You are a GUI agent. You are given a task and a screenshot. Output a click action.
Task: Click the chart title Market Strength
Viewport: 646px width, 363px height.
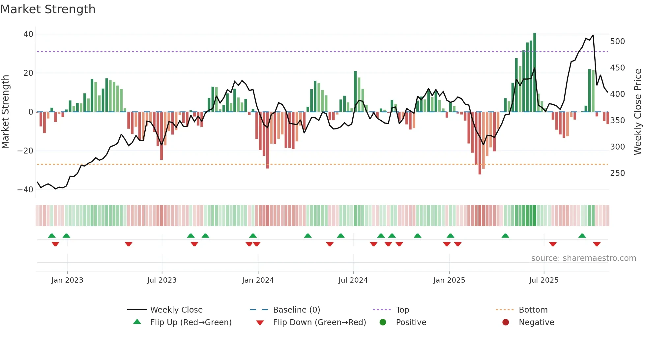(48, 9)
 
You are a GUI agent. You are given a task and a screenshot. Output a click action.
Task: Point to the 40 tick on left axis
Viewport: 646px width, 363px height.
(28, 34)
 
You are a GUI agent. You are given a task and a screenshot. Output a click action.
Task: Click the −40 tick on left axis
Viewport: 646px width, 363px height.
(25, 190)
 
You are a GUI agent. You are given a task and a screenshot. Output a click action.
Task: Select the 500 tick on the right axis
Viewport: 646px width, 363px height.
(617, 42)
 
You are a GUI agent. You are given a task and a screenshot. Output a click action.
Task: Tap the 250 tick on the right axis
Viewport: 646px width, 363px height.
(617, 173)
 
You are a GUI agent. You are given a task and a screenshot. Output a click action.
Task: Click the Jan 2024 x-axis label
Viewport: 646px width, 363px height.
(258, 280)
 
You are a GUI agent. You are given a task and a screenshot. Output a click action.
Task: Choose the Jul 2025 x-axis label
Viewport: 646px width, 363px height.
(543, 280)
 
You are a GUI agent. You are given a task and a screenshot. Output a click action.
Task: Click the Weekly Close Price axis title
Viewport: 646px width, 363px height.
(638, 112)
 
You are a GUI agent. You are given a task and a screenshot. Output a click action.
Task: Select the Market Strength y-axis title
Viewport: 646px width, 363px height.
(5, 112)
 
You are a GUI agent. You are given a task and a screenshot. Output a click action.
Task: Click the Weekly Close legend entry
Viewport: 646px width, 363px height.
(176, 310)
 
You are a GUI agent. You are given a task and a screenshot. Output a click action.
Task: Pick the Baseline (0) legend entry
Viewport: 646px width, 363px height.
(296, 310)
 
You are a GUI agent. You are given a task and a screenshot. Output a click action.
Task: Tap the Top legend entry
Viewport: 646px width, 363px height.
(402, 310)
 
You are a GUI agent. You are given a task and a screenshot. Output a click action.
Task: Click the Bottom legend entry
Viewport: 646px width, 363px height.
(533, 310)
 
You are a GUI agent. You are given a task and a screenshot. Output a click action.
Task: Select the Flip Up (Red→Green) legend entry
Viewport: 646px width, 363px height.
(191, 322)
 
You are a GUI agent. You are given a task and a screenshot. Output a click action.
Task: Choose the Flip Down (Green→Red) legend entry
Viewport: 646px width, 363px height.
(319, 322)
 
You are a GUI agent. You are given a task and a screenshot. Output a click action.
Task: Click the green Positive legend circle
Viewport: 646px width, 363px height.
(383, 322)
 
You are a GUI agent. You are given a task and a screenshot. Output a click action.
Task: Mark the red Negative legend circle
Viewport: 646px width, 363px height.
(506, 322)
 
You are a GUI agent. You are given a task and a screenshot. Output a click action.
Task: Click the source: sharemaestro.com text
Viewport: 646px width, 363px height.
(583, 258)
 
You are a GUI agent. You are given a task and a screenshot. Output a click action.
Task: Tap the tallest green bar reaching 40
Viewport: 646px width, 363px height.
(535, 72)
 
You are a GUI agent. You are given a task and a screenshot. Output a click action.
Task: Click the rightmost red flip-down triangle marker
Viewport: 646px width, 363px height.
(597, 244)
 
